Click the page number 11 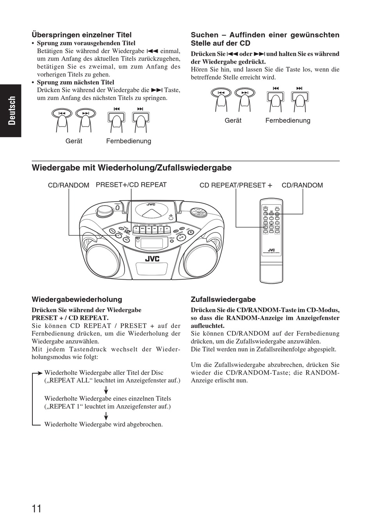tap(37, 508)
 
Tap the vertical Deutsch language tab tap(12, 111)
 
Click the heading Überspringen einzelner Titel tap(82, 35)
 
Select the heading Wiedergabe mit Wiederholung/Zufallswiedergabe tap(132, 168)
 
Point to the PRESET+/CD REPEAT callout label tap(131, 185)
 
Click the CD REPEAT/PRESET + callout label tap(235, 185)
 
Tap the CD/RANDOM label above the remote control tap(302, 185)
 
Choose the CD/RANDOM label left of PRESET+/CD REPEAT tap(68, 185)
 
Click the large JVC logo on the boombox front tap(152, 258)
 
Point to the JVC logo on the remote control tap(271, 250)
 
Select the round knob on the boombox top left tap(104, 211)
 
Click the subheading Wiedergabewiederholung tap(77, 300)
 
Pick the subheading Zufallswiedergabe tap(223, 300)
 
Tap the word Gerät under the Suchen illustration tap(233, 121)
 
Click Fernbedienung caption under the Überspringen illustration tap(128, 141)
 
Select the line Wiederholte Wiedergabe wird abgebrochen tap(103, 424)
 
